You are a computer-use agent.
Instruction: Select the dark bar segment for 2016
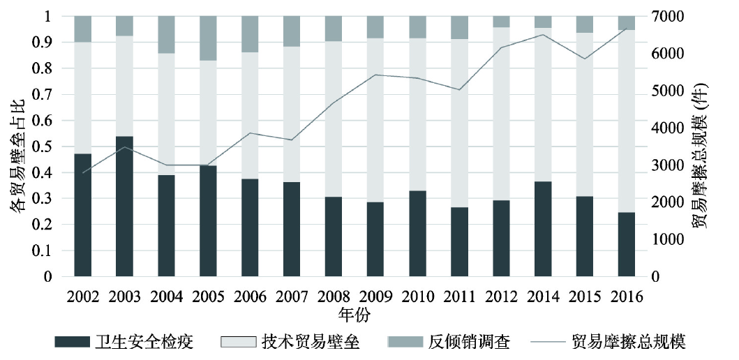(627, 244)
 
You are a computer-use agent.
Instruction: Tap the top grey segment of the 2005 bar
(208, 38)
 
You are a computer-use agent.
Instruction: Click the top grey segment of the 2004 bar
(166, 34)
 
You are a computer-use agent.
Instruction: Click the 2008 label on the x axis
(334, 297)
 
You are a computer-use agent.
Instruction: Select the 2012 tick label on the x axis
(501, 297)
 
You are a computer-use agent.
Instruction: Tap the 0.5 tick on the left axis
(46, 147)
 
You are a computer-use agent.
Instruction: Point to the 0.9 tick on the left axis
(46, 42)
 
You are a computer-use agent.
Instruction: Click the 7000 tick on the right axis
(664, 16)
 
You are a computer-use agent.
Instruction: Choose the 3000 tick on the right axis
(664, 165)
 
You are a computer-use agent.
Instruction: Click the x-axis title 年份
(354, 314)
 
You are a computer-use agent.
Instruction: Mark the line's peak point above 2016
(627, 29)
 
